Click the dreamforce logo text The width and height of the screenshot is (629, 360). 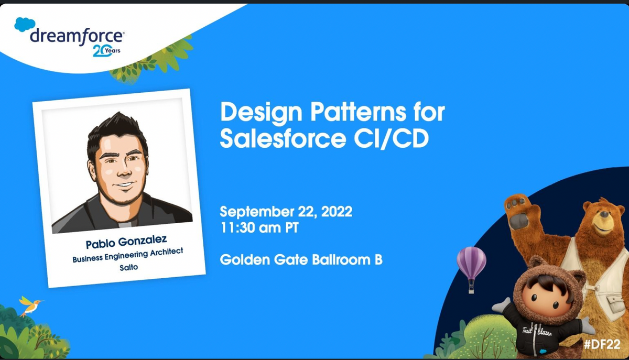click(x=77, y=37)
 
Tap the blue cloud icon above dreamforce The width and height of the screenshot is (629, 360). click(x=25, y=25)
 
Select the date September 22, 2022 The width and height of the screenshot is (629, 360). click(x=286, y=212)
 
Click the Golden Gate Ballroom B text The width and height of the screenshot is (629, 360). click(x=301, y=259)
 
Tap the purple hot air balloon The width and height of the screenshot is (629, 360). click(x=471, y=262)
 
